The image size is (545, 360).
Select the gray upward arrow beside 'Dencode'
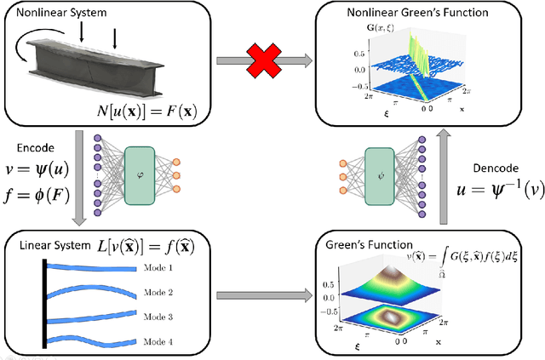coord(448,178)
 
